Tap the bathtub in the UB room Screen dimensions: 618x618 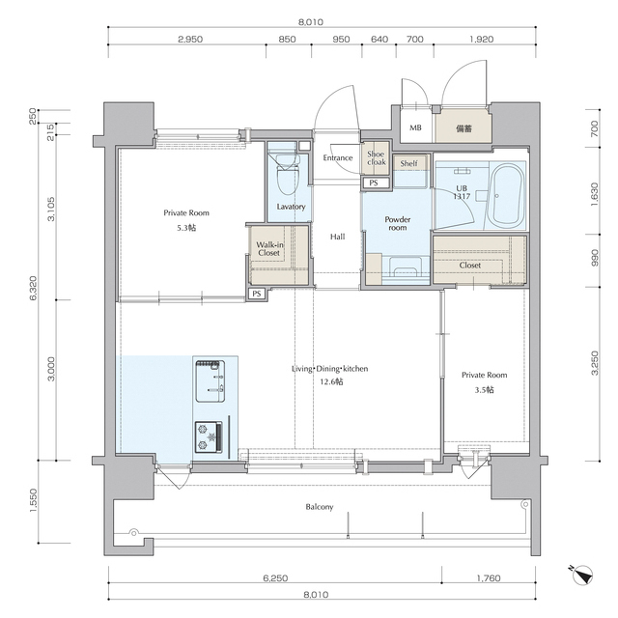(x=506, y=196)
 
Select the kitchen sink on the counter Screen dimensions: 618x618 (x=210, y=380)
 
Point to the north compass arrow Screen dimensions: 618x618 (x=581, y=576)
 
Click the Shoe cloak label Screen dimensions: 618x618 (x=376, y=158)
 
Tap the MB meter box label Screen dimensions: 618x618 (x=415, y=127)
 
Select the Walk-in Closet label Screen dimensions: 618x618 (x=269, y=249)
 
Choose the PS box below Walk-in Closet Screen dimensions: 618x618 (x=257, y=294)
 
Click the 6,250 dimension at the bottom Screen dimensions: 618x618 (x=275, y=577)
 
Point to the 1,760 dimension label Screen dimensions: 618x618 (x=489, y=577)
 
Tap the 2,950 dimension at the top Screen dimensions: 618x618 (x=190, y=39)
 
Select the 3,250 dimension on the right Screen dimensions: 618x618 (x=595, y=363)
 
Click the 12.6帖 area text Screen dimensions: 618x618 (x=331, y=381)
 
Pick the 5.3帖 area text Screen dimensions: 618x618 (x=186, y=228)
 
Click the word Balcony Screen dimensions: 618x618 (x=320, y=507)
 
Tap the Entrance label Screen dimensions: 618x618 (x=338, y=157)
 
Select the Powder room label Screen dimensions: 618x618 (x=398, y=223)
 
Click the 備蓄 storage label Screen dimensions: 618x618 (x=463, y=128)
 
